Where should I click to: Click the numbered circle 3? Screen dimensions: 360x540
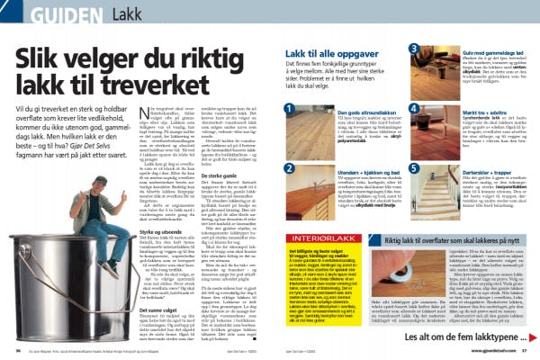point(414,49)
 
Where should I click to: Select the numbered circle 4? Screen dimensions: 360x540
point(414,108)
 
